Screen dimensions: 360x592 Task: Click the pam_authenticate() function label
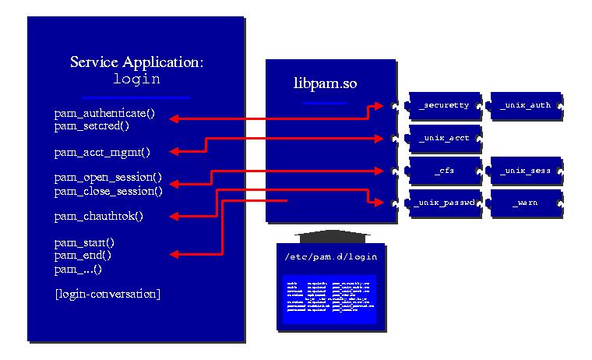[x=104, y=113]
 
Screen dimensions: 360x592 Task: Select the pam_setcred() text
[x=92, y=125]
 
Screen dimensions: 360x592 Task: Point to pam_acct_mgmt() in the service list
[x=102, y=152]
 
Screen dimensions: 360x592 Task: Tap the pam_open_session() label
[x=108, y=177]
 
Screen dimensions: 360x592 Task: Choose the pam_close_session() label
[x=108, y=190]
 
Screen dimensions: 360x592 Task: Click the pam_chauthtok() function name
[x=99, y=216]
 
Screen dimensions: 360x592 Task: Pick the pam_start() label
[x=84, y=242]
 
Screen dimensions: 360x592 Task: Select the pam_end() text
[x=83, y=255]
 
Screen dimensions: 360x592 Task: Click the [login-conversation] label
[x=107, y=294]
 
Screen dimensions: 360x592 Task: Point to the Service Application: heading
[x=137, y=62]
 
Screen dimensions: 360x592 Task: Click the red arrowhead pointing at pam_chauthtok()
[x=175, y=216]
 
